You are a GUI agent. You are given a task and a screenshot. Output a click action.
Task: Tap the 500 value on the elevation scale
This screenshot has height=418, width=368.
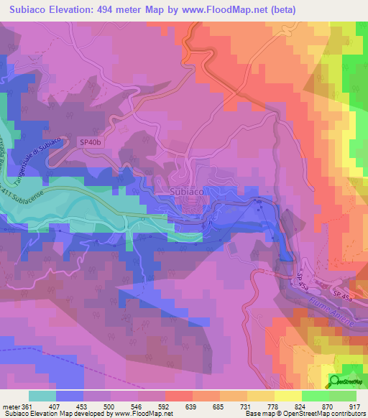point(111,406)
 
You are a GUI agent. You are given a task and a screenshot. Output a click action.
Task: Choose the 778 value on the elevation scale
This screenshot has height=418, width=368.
point(273,406)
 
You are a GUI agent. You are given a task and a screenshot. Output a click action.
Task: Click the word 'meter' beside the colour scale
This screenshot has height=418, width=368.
point(11,406)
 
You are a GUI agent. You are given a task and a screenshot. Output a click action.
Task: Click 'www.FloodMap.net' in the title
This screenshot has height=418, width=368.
point(216,9)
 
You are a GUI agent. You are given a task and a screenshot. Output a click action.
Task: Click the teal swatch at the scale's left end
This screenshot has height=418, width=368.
point(42,396)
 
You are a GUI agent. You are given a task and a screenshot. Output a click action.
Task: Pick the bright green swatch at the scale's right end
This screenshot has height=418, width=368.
point(343,396)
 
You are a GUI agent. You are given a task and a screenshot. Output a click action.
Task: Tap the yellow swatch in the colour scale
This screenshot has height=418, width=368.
point(287,396)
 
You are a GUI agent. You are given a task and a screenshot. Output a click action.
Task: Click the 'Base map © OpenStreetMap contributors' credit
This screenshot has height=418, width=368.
point(304,414)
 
